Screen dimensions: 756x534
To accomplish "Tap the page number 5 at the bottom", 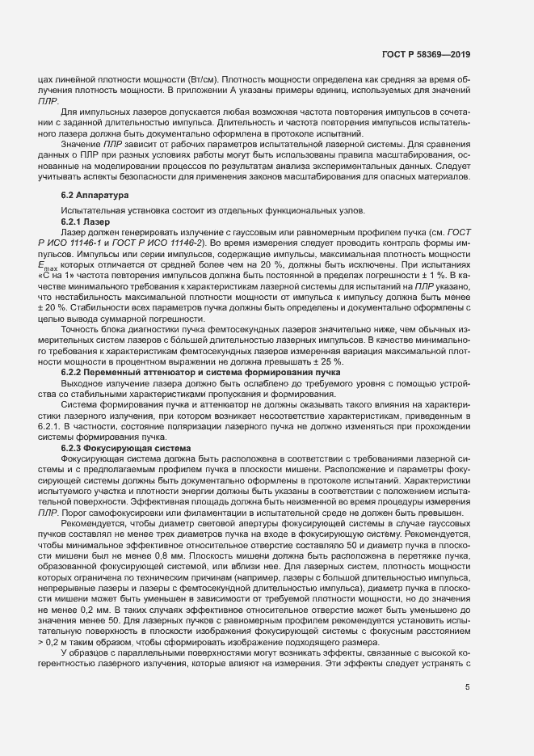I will pos(468,689).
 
